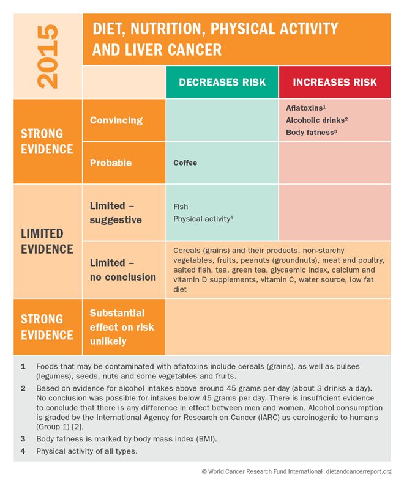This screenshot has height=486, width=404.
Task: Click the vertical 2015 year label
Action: tap(48, 56)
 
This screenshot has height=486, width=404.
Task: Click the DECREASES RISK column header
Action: tap(222, 82)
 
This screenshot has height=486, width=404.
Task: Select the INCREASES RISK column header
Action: tap(335, 82)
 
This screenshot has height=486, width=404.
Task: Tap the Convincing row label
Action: tap(116, 120)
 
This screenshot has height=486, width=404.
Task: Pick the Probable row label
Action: tap(111, 163)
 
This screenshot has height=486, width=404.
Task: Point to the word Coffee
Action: tap(185, 163)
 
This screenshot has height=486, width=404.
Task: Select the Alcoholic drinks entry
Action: tap(316, 120)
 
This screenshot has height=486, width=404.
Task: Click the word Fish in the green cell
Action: tap(181, 207)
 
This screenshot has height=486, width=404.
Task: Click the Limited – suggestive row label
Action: tap(116, 212)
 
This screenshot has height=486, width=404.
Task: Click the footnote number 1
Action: tap(23, 366)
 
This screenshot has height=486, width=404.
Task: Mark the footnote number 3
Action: tap(23, 438)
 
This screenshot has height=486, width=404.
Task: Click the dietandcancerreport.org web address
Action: tap(359, 471)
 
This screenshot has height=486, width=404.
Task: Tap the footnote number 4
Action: tap(23, 451)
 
